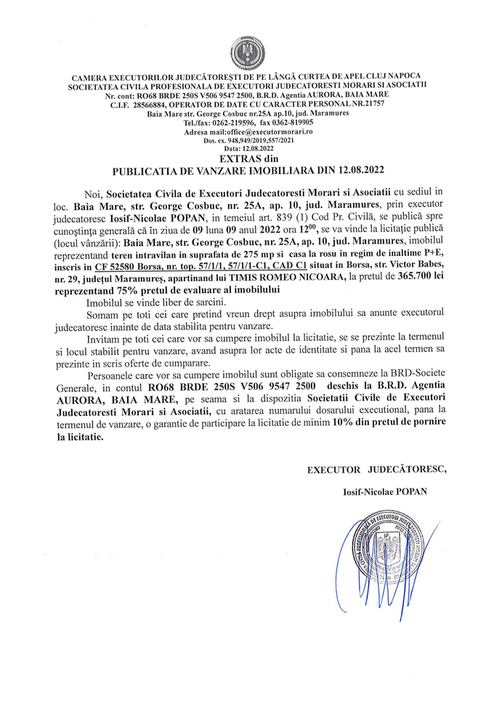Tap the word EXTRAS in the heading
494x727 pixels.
coord(238,157)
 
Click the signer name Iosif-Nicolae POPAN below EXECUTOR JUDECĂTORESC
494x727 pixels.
coord(384,491)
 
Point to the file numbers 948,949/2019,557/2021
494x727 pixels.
coord(257,140)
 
